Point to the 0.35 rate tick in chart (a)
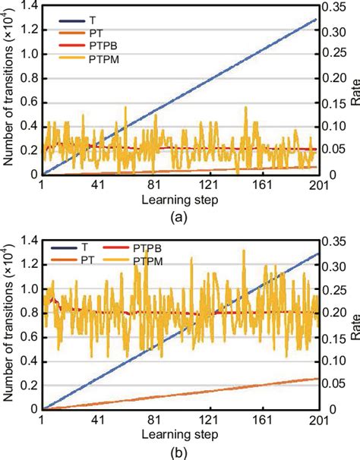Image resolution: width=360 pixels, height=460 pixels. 335,5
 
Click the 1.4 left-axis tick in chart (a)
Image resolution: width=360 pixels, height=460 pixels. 29,5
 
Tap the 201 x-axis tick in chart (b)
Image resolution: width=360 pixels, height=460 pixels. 317,420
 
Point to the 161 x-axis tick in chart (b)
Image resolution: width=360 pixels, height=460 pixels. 262,420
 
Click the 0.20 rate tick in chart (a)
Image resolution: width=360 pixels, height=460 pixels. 335,77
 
